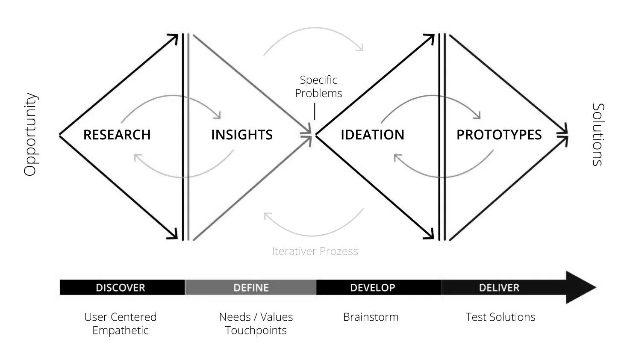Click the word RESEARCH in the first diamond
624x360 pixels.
coord(117,135)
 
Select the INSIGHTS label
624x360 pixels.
coord(241,135)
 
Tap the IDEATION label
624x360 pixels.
coord(372,135)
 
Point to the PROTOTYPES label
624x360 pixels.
coord(499,135)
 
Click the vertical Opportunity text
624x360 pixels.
coord(30,134)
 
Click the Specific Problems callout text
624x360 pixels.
coord(318,86)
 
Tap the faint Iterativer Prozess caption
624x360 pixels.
coord(315,251)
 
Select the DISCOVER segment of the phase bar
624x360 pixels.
coord(121,288)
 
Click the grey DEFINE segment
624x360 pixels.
coord(251,288)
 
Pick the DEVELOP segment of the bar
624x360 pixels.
coord(372,288)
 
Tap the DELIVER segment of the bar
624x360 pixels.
coord(499,288)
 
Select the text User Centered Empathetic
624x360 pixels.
coord(121,324)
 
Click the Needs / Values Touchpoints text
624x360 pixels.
coord(256,324)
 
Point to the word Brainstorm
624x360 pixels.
coord(371,317)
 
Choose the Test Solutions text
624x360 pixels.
coord(500,317)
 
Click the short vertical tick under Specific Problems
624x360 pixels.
coord(315,111)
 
